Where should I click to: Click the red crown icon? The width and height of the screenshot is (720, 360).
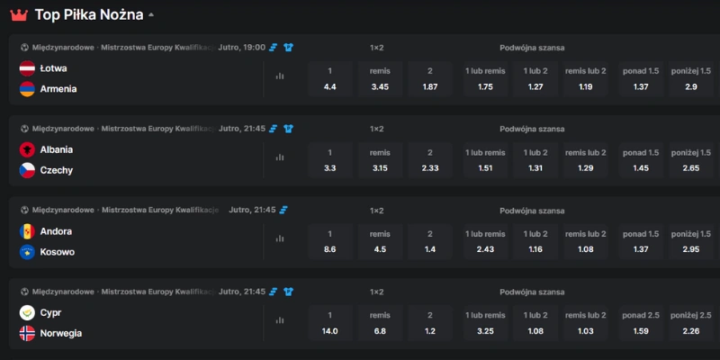19,15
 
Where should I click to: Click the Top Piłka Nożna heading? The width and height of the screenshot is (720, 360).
89,14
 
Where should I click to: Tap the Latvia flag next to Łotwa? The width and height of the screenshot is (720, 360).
27,68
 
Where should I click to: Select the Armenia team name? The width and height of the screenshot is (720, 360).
58,89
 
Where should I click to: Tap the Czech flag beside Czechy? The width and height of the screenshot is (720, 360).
27,170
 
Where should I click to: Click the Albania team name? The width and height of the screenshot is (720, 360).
57,149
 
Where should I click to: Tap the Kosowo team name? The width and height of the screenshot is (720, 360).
58,252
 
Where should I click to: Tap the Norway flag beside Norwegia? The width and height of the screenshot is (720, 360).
27,333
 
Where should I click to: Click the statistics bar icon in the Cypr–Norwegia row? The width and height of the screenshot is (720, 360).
280,320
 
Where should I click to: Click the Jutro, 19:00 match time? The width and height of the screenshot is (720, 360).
242,48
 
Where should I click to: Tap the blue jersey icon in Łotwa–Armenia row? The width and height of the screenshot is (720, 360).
288,48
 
